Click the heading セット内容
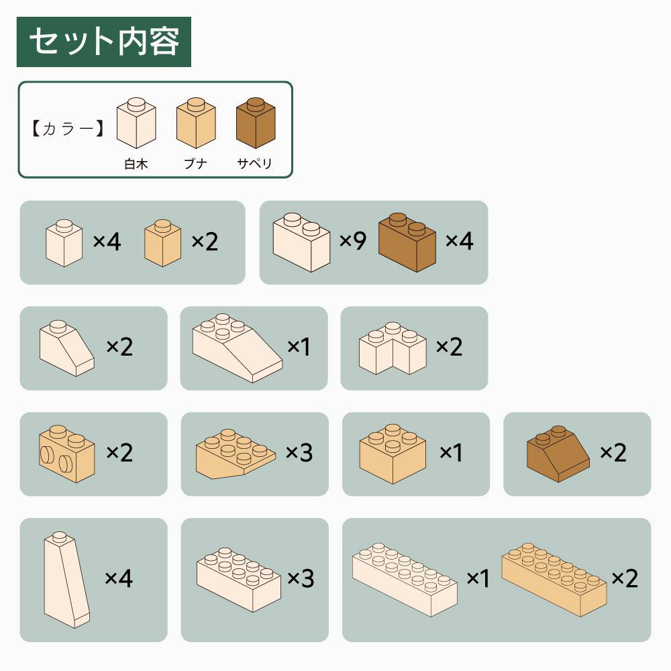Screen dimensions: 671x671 tap(104, 42)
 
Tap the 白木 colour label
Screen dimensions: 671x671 tap(136, 164)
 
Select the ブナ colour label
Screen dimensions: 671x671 tap(195, 164)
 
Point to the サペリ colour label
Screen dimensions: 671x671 tap(254, 164)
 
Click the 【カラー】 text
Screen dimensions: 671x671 tap(68, 128)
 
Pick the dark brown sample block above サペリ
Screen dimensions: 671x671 tap(256, 123)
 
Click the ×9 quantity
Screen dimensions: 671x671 tap(353, 240)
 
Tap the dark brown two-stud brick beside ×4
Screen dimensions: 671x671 tap(407, 243)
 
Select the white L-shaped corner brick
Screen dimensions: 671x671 tap(393, 348)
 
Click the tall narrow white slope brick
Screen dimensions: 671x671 tap(66, 580)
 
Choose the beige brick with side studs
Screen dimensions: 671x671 tap(66, 454)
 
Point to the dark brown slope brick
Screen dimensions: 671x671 tap(558, 454)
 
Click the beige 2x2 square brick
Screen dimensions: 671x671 tap(393, 454)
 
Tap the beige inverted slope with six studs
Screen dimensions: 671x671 tap(236, 454)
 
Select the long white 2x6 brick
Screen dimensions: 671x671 tap(405, 580)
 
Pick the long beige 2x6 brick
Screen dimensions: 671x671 tap(554, 580)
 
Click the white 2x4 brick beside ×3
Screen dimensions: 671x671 tap(239, 580)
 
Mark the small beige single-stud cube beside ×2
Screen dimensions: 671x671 tap(162, 243)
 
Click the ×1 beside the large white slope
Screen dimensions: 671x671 tap(299, 346)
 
